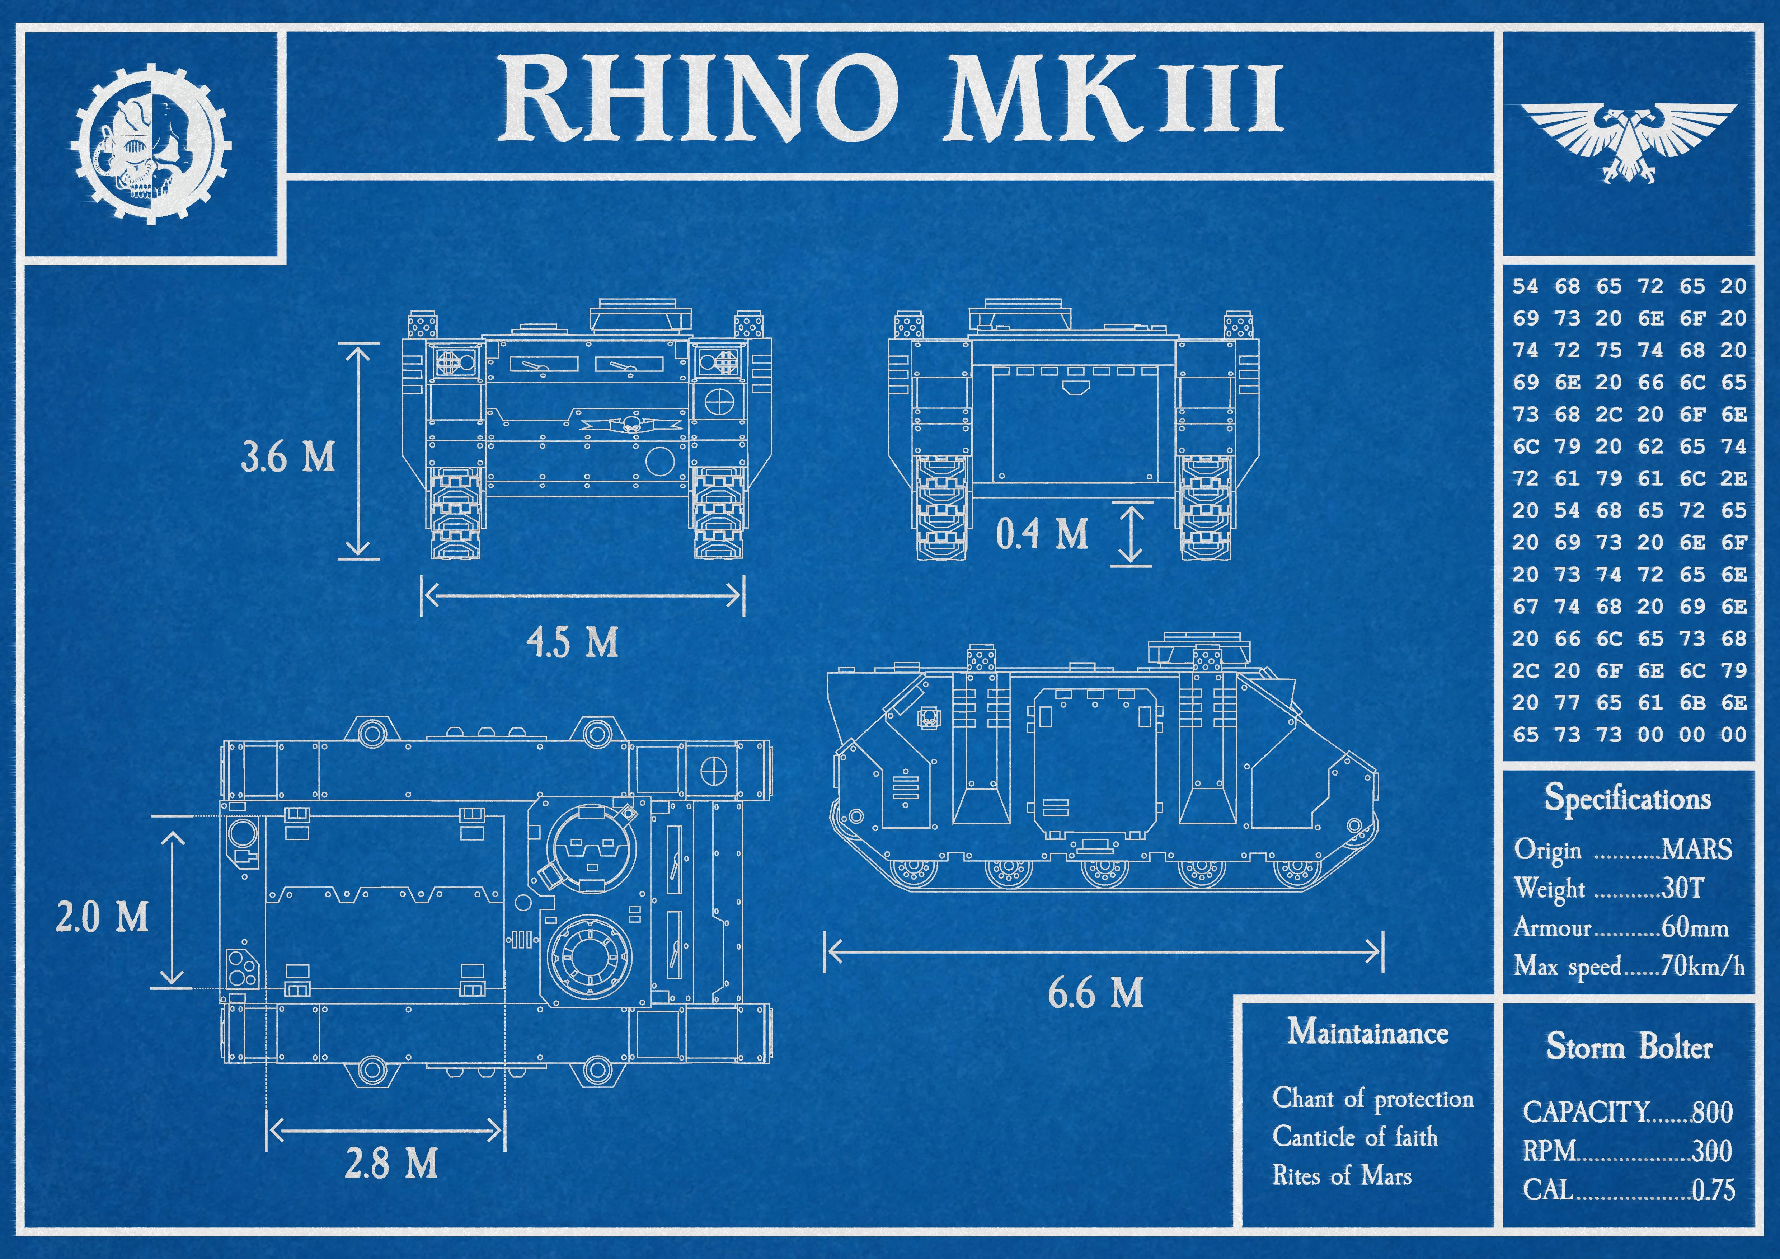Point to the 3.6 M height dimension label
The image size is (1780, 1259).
[x=288, y=457]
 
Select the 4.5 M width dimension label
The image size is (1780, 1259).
[x=572, y=642]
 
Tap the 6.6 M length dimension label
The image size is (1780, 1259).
[x=1095, y=993]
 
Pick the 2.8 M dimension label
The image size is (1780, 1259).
[x=391, y=1163]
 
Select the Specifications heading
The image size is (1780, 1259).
[x=1628, y=798]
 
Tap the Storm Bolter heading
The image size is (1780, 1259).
[x=1629, y=1047]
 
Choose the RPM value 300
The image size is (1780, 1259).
[x=1712, y=1151]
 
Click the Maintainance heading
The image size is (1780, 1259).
[x=1368, y=1032]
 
